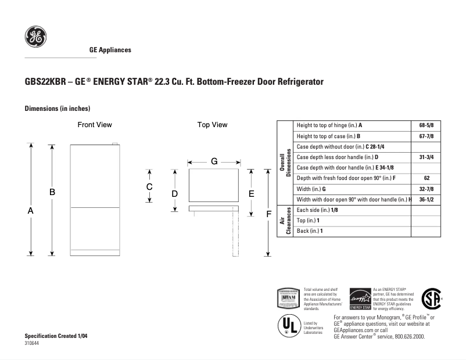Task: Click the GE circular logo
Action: tap(35, 37)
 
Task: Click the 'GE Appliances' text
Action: tap(110, 50)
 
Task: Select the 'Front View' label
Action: tap(95, 125)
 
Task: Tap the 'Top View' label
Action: tap(212, 125)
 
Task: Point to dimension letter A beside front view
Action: tap(31, 211)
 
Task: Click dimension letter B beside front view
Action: tap(52, 192)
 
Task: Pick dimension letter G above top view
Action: tap(214, 161)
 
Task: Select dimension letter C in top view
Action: tap(149, 186)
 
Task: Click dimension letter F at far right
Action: tap(268, 214)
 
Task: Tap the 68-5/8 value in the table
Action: tap(426, 125)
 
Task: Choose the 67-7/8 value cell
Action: tap(426, 136)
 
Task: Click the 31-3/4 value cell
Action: tap(426, 157)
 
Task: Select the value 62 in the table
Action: tap(426, 178)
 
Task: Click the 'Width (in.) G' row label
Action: tap(311, 189)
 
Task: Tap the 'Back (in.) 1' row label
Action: tap(309, 231)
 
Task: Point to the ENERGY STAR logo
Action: tap(360, 300)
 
